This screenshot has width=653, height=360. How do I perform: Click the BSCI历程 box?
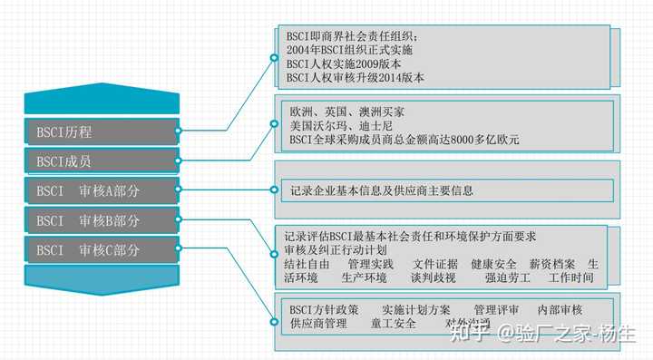101,131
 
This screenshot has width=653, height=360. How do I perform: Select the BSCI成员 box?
101,161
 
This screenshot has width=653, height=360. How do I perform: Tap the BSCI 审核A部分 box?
101,191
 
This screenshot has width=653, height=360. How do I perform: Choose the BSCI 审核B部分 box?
101,220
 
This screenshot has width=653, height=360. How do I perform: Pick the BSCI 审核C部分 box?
101,249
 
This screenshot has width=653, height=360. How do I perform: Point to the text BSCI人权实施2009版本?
344,64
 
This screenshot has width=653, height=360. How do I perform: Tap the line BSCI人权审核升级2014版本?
355,79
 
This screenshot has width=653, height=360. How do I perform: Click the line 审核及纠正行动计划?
336,249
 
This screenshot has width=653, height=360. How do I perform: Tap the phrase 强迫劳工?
507,277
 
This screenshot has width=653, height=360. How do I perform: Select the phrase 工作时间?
571,277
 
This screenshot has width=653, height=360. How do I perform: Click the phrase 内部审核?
560,309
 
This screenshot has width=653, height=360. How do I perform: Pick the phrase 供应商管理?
318,324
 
